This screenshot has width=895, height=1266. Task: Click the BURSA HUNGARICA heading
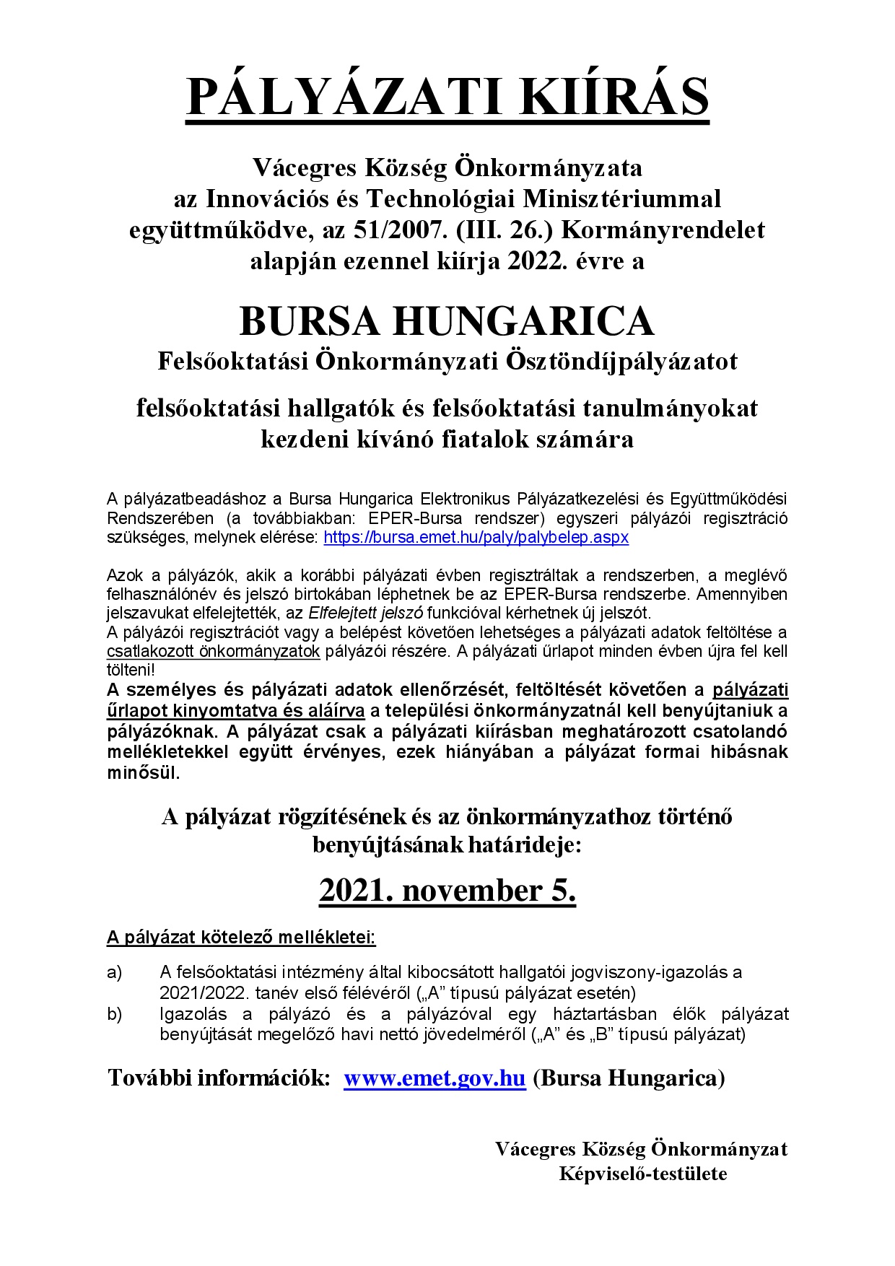[447, 321]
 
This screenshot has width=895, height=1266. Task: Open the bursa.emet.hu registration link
[476, 538]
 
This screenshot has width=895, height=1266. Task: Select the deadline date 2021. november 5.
[447, 890]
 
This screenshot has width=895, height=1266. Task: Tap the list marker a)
[115, 972]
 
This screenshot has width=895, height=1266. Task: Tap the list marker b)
[115, 1014]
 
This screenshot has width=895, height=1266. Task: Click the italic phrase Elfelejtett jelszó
[366, 614]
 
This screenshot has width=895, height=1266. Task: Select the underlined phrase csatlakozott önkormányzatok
[213, 651]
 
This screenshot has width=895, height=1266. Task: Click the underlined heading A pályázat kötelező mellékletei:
[241, 938]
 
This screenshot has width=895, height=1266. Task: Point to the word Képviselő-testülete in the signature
[642, 1174]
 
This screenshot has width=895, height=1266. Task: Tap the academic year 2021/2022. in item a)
[205, 992]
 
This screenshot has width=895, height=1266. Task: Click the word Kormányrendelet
[663, 230]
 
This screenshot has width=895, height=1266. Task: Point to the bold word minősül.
[143, 772]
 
